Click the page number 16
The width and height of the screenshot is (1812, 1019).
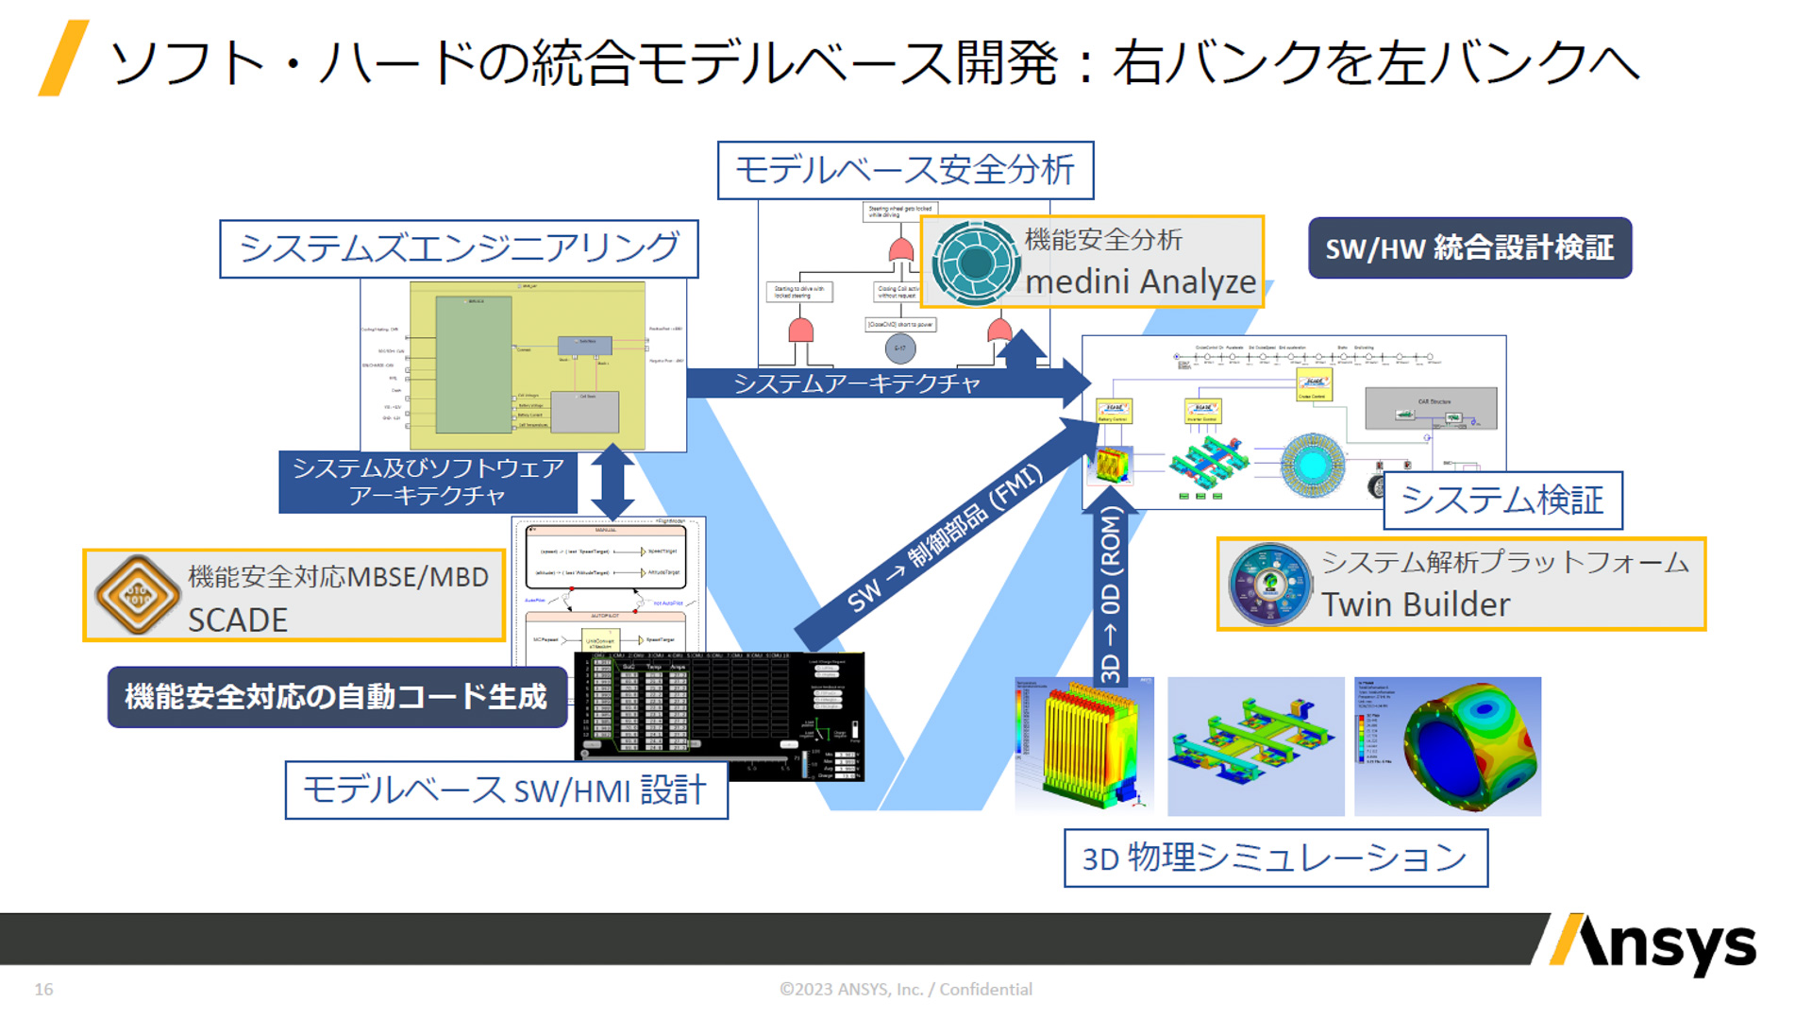pyautogui.click(x=43, y=989)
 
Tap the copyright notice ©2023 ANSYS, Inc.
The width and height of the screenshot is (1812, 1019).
pyautogui.click(x=905, y=989)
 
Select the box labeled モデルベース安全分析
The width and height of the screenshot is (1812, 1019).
pyautogui.click(x=905, y=170)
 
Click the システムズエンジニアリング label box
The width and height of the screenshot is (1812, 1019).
pyautogui.click(x=459, y=248)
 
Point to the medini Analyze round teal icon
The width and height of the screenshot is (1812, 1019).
pyautogui.click(x=974, y=263)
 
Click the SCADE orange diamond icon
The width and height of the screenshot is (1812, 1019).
pyautogui.click(x=138, y=595)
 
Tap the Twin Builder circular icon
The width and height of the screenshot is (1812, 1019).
pyautogui.click(x=1270, y=584)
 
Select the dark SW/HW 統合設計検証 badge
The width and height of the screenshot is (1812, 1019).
pyautogui.click(x=1469, y=247)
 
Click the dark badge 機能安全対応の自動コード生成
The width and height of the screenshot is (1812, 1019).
pyautogui.click(x=337, y=697)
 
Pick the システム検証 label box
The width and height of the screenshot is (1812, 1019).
pyautogui.click(x=1502, y=500)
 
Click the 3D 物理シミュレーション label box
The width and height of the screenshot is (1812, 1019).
pyautogui.click(x=1275, y=858)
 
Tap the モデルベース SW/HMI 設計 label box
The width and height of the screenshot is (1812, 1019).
pyautogui.click(x=506, y=790)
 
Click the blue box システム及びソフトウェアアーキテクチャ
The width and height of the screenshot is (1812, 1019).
pyautogui.click(x=428, y=482)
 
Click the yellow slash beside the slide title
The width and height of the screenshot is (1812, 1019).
pyautogui.click(x=63, y=59)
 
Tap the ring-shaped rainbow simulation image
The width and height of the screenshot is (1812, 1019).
pyautogui.click(x=1448, y=746)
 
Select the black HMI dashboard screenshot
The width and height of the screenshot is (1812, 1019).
pyautogui.click(x=719, y=716)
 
